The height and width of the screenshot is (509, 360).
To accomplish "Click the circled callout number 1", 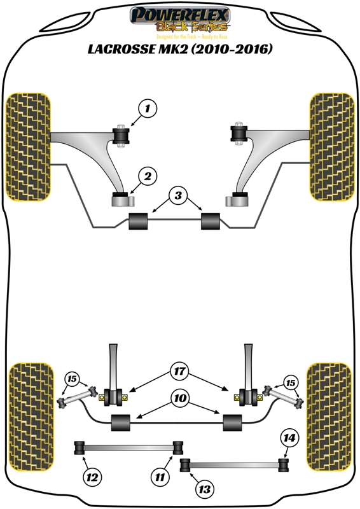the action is (148, 108).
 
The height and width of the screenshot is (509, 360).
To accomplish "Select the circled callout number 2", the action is (148, 176).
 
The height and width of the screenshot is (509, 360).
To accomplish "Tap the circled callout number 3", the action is (178, 195).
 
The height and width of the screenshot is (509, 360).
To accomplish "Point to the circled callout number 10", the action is (181, 398).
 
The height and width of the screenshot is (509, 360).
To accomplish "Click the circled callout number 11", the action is (160, 477).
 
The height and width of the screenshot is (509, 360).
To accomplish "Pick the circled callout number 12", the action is (92, 477).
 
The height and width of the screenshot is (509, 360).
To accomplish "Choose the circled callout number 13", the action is (205, 489).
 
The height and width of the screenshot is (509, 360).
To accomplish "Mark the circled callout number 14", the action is (289, 438).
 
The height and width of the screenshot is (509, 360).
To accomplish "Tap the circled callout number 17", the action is (179, 371).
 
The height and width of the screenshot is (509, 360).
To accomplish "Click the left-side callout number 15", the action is (72, 379).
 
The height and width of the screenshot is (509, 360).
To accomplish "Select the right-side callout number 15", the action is (290, 383).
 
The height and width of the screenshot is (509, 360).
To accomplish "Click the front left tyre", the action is (29, 147).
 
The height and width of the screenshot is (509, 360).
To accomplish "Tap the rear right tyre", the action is (329, 417).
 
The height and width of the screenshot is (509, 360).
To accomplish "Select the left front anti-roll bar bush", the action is (138, 221).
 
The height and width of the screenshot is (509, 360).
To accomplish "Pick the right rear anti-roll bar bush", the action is (232, 422).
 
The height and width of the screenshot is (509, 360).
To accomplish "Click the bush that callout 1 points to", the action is (121, 136).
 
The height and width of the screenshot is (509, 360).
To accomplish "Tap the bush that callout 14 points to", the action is (284, 465).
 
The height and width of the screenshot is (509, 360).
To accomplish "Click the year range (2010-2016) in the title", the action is (232, 49).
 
